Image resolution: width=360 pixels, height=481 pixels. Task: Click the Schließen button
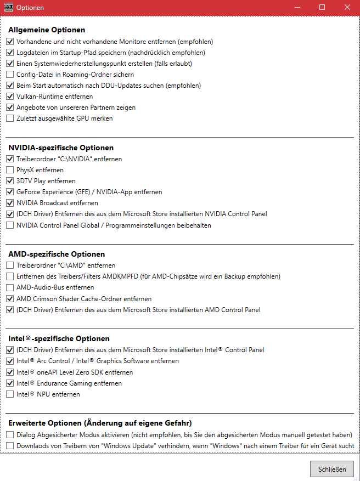[x=332, y=469]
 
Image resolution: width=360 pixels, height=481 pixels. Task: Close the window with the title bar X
[x=347, y=7]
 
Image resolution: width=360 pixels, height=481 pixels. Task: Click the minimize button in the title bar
[x=297, y=7]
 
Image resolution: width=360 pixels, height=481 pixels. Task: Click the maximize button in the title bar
[x=322, y=7]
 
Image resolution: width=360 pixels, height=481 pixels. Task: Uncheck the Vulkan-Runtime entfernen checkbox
[x=10, y=97]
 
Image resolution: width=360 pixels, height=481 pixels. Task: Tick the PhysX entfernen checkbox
[x=10, y=170]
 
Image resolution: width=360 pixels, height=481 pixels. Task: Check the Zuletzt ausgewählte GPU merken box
[x=10, y=118]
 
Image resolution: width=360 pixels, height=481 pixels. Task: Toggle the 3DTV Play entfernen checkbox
[x=10, y=181]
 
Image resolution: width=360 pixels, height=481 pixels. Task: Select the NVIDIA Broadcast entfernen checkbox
[x=10, y=203]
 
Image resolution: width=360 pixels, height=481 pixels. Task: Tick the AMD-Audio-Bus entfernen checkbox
[x=10, y=287]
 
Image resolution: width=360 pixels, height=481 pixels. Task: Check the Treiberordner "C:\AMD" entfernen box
[x=10, y=265]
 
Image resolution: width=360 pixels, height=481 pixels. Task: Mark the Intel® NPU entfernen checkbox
[x=10, y=394]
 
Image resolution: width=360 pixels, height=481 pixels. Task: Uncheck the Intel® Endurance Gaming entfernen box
[x=10, y=383]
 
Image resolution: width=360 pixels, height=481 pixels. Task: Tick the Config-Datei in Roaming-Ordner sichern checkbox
[x=10, y=75]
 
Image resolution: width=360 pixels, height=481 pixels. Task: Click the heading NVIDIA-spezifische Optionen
[x=61, y=148]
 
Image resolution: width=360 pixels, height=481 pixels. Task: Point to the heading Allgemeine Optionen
[x=47, y=30]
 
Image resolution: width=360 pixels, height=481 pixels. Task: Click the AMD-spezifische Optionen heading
[x=57, y=254]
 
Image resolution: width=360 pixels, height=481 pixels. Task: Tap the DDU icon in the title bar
[x=8, y=7]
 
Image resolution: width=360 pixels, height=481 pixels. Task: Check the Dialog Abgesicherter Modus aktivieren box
[x=10, y=434]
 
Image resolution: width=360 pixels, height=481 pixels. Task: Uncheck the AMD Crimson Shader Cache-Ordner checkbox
[x=10, y=299]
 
